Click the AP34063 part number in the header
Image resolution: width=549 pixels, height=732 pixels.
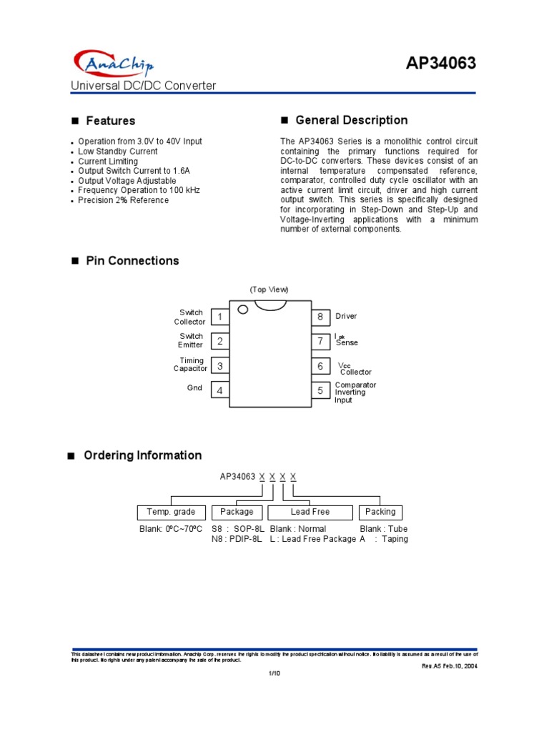(440, 64)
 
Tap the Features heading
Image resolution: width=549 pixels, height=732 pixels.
(110, 121)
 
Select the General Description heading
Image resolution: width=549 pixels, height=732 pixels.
(351, 120)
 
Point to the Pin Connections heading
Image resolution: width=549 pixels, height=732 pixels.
(132, 261)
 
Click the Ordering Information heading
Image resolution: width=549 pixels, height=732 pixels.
(142, 455)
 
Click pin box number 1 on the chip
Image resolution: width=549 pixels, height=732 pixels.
(220, 317)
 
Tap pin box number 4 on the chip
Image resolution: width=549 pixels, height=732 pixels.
(220, 390)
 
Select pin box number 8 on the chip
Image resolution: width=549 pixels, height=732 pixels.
(320, 317)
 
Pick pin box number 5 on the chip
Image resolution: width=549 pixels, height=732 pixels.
(320, 390)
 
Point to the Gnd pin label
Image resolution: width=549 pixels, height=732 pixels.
(195, 388)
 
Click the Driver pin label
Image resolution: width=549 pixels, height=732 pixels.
(346, 316)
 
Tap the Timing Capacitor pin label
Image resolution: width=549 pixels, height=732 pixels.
(191, 365)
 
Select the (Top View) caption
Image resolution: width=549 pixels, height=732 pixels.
(269, 290)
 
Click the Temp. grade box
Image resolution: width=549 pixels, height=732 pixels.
(171, 512)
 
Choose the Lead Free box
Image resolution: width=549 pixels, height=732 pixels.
(310, 512)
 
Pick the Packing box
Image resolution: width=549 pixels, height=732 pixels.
(380, 512)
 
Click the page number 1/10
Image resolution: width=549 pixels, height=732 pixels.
(274, 673)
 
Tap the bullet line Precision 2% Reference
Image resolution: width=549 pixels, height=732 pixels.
(123, 200)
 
